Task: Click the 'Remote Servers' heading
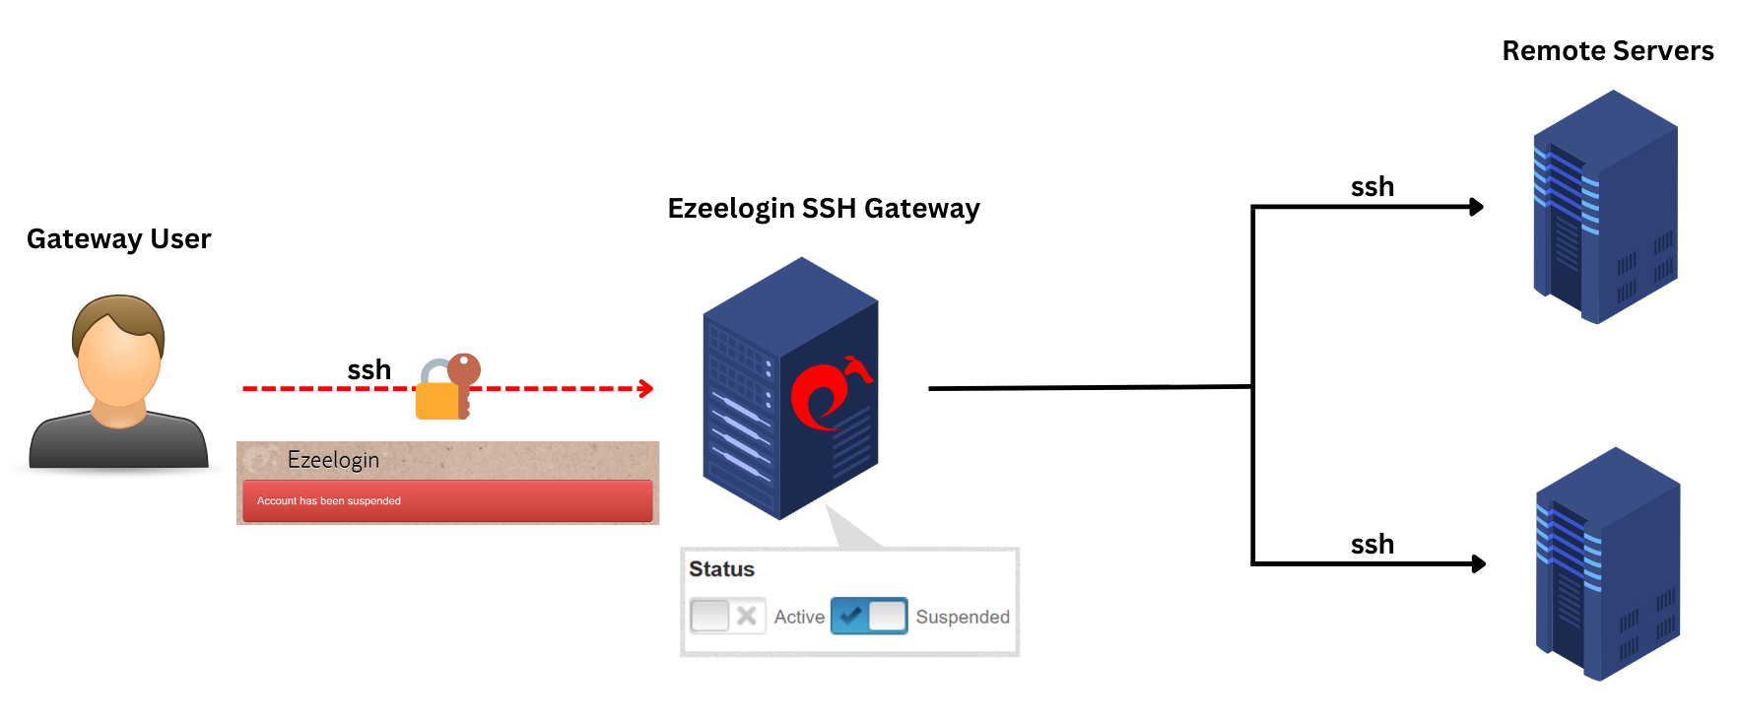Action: coord(1607,51)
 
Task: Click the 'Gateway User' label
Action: coord(118,239)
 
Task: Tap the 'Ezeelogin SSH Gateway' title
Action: coord(823,209)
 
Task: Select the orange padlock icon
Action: coord(439,397)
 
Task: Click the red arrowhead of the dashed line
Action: coord(646,389)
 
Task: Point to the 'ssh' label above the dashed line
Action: coord(368,370)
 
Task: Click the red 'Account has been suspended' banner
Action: coord(446,500)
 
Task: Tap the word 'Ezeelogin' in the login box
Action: coord(333,460)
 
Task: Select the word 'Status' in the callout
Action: coord(721,569)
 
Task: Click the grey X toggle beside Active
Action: coord(727,617)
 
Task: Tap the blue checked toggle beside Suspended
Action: coord(868,617)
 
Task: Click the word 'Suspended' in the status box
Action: coord(962,618)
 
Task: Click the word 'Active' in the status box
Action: coord(798,618)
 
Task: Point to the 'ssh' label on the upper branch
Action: coord(1371,187)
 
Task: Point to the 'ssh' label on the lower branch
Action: coord(1371,545)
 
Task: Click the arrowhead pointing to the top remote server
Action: coord(1476,207)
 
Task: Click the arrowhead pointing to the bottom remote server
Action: coord(1478,564)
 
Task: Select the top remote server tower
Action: coord(1605,207)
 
